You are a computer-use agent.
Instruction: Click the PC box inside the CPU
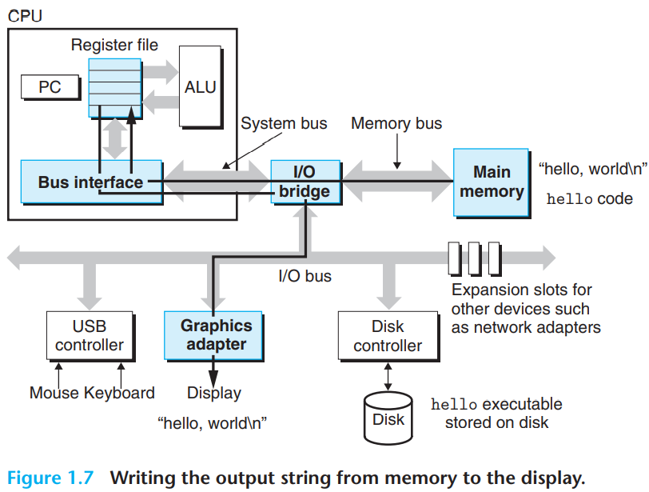pos(50,87)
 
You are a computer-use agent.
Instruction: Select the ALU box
pos(201,87)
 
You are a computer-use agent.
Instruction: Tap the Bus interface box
pos(91,182)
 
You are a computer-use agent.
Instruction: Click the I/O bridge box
pos(306,182)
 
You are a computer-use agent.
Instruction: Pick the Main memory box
pos(492,182)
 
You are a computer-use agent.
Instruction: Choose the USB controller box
pos(90,336)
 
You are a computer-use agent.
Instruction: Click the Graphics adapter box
pos(213,335)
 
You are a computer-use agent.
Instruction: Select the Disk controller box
pos(388,336)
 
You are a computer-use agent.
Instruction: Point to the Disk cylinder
pos(388,418)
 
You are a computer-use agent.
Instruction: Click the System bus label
pos(284,123)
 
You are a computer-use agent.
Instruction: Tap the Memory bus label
pos(396,123)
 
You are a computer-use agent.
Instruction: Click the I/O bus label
pos(305,276)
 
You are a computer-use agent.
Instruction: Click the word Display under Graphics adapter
pos(214,393)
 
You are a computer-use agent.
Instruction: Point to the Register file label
pos(114,45)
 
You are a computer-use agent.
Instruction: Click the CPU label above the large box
pos(25,16)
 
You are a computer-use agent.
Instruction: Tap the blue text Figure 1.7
pos(50,478)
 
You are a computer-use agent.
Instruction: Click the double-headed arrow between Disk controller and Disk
pos(388,377)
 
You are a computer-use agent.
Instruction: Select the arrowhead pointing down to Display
pos(213,379)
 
